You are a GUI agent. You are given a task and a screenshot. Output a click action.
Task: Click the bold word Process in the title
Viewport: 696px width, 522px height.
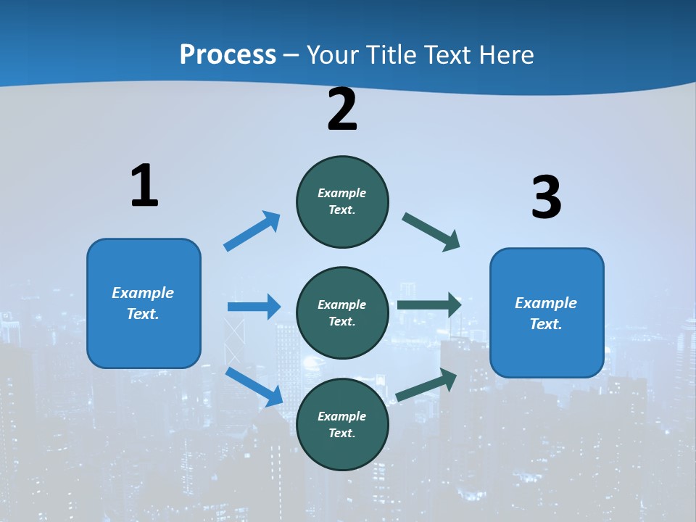tap(228, 54)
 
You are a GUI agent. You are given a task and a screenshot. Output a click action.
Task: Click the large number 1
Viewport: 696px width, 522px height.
tap(144, 186)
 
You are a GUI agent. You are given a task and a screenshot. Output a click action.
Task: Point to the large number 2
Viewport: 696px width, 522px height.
tap(342, 109)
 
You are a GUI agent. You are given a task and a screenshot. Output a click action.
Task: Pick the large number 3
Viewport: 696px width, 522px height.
tap(546, 197)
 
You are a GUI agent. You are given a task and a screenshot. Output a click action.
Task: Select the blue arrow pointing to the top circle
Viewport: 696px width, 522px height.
tap(252, 231)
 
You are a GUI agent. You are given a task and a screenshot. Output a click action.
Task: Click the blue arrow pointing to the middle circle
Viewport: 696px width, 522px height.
tap(254, 307)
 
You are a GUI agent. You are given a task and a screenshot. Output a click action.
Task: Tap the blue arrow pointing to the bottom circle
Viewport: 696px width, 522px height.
tap(254, 386)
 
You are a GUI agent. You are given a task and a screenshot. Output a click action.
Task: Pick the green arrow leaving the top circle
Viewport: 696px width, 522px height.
tap(431, 231)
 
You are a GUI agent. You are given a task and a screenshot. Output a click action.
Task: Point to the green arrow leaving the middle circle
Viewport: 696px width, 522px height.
tap(429, 305)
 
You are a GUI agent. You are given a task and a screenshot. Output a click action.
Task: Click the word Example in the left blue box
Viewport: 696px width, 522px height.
tap(143, 293)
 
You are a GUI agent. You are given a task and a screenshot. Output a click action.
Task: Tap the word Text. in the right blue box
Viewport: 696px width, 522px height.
tap(546, 324)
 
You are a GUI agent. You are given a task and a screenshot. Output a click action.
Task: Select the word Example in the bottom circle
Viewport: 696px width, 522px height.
tap(342, 416)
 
